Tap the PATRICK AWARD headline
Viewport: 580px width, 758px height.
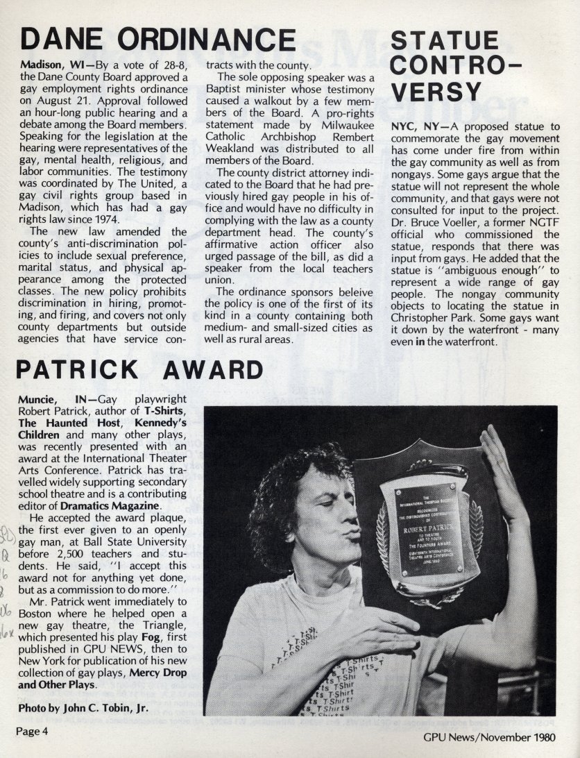coord(139,369)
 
